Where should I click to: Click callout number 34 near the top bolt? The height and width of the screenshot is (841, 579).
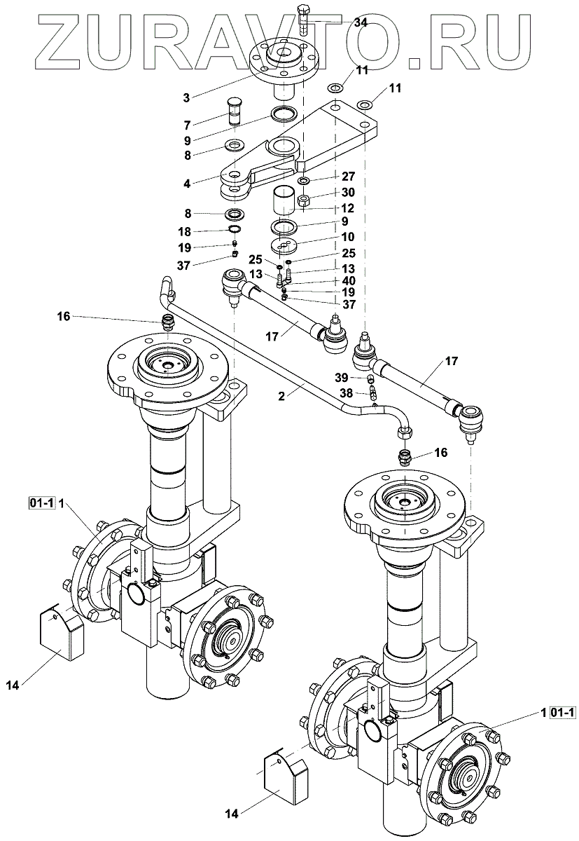pos(361,23)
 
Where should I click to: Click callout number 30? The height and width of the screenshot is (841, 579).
pos(349,192)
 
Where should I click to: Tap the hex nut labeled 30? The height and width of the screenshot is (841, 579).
pos(304,201)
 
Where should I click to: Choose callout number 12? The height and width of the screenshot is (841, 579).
pos(349,208)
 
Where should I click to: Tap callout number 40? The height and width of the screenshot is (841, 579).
pos(349,281)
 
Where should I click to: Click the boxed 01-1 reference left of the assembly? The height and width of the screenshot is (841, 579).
pos(41,502)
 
